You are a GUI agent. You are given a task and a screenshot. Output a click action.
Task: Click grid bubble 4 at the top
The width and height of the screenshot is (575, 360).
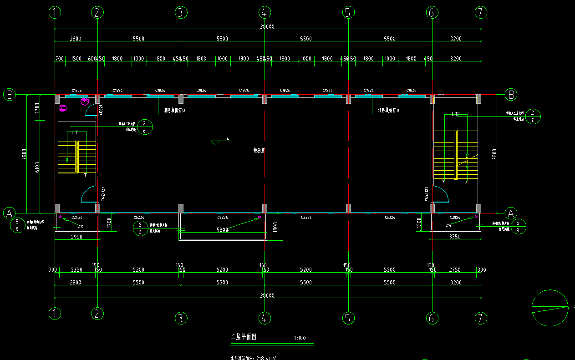point(264,13)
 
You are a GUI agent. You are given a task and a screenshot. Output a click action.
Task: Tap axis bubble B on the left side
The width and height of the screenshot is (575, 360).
point(9,95)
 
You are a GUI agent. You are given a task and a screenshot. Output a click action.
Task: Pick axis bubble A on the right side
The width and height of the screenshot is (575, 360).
point(511,213)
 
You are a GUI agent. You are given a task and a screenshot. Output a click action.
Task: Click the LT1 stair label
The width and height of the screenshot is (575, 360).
point(75,132)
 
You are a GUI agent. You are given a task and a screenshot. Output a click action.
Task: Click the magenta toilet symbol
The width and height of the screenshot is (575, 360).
point(63,108)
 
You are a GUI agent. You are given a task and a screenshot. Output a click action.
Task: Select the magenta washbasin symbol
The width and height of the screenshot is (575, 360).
point(84,101)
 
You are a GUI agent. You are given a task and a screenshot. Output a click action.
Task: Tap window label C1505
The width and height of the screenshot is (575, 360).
point(76,91)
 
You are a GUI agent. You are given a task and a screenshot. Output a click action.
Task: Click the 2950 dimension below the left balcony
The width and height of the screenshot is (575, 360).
point(76,237)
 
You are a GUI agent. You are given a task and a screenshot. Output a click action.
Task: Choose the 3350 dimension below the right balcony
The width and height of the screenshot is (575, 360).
point(455,237)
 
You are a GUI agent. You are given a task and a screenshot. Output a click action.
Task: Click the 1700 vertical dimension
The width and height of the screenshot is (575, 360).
point(37,108)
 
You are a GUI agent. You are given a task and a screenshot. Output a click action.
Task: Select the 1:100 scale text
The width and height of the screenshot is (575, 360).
point(300,338)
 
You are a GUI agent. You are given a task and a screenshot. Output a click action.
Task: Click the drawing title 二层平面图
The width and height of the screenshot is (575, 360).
point(244,337)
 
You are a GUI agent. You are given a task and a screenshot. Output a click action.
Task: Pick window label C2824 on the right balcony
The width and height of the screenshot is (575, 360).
point(455,218)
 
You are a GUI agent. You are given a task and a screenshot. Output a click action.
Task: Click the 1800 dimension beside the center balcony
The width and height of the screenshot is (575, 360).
point(275,227)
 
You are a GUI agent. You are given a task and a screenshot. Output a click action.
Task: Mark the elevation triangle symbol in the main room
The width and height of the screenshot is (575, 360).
point(215,143)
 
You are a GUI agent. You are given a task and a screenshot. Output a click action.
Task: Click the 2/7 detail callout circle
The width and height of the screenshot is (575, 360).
point(532,116)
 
